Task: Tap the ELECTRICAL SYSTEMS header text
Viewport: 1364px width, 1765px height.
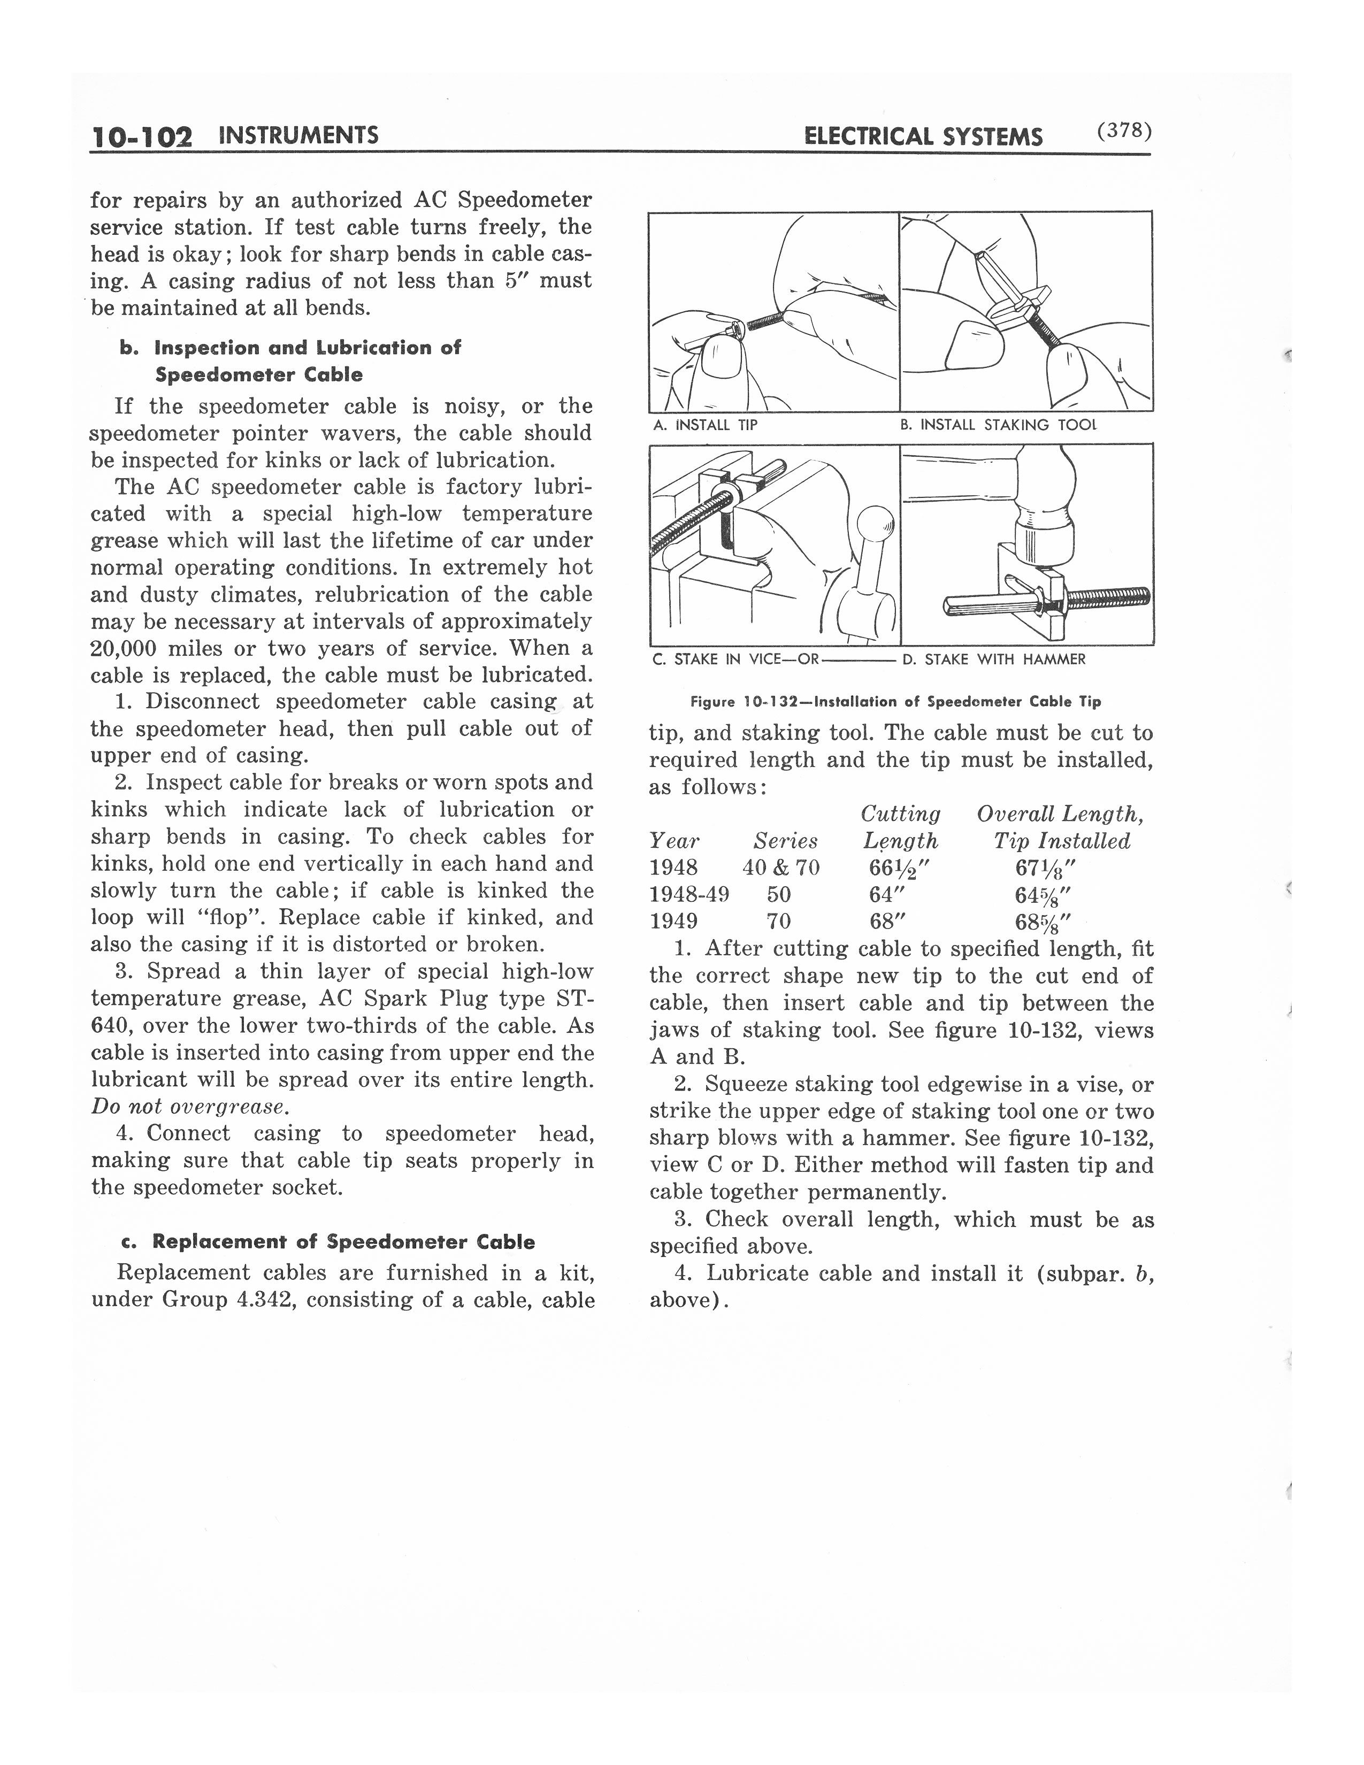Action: pos(923,136)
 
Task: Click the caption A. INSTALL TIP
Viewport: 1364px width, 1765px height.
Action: pos(704,425)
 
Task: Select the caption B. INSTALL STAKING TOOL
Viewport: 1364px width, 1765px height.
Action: pos(999,425)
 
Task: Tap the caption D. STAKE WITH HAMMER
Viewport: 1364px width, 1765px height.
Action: pos(993,659)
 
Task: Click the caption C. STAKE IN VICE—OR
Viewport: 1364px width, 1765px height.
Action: pos(736,659)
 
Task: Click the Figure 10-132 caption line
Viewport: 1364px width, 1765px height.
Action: pos(895,702)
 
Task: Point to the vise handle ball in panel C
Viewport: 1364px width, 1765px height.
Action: pos(875,524)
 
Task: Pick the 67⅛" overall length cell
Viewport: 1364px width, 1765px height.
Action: pos(1046,868)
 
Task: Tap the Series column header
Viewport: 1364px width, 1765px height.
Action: pos(785,841)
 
